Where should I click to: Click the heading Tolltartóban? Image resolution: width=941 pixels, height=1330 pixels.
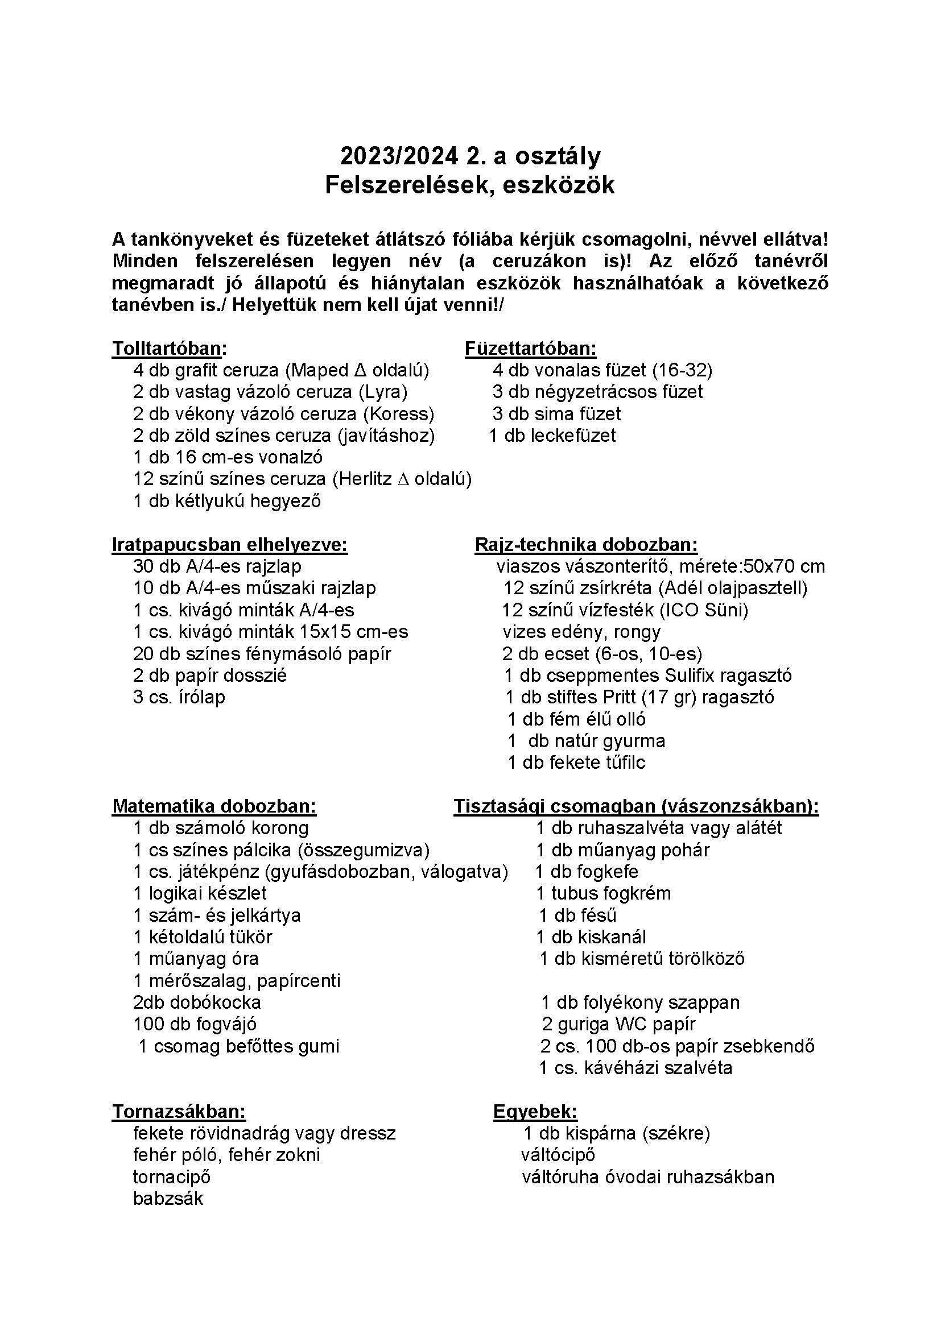(169, 349)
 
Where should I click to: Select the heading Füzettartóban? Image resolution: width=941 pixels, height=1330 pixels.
(530, 349)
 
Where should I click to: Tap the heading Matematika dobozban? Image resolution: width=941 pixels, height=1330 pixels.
(214, 806)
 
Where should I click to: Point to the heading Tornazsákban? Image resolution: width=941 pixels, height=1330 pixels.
(179, 1112)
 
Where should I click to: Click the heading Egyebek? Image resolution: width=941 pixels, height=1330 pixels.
(535, 1112)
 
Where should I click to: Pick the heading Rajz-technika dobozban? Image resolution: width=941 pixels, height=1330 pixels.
(586, 545)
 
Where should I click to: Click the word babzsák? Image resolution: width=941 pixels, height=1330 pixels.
(168, 1199)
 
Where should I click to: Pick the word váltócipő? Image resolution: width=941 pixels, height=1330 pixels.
(558, 1155)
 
